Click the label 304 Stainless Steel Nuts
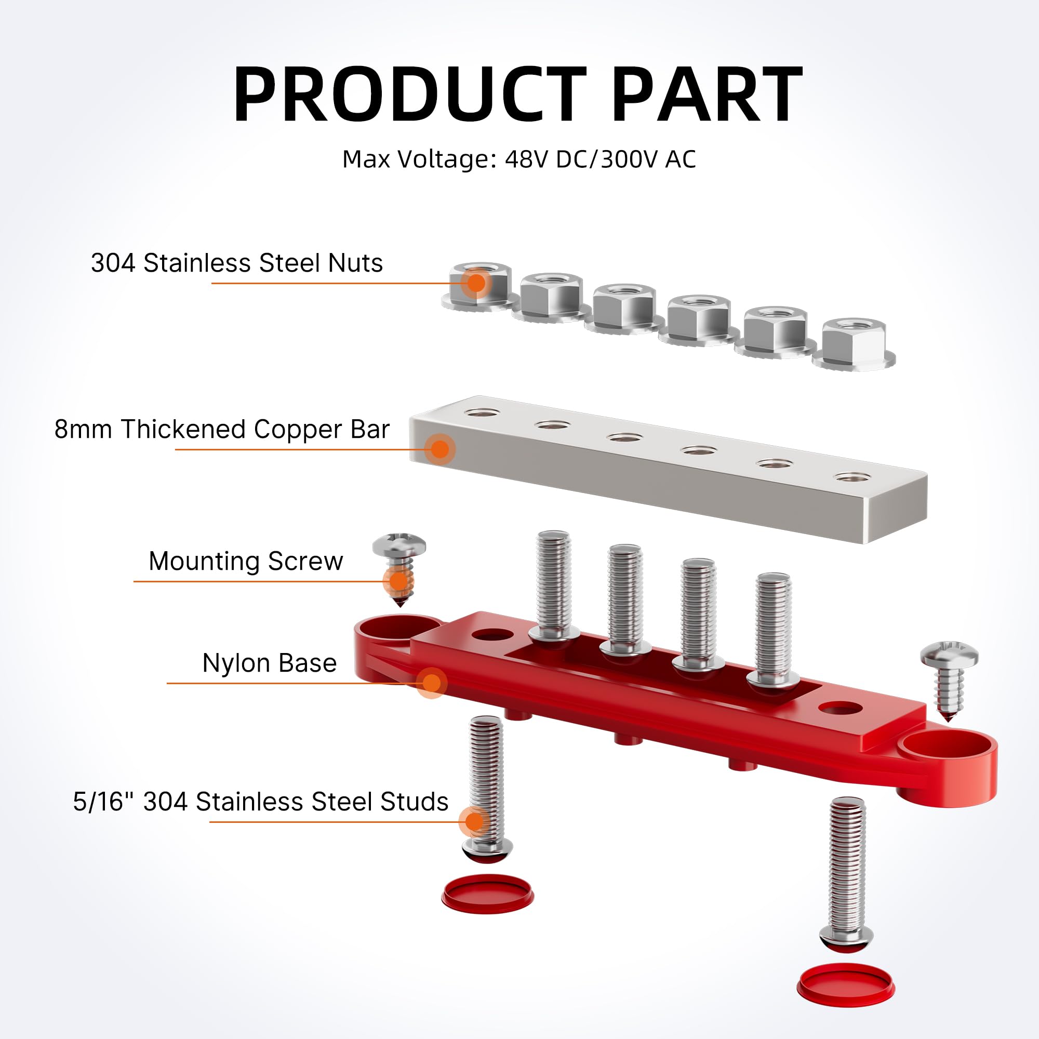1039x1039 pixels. pos(236,263)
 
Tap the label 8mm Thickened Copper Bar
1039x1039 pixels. pos(222,429)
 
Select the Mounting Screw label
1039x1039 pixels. pos(246,561)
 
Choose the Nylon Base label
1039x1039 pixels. pos(270,662)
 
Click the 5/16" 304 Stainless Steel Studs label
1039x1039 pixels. pos(261,801)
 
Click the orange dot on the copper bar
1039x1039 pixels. pos(440,449)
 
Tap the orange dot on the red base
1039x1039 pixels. pos(431,683)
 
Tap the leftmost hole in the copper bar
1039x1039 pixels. pos(482,413)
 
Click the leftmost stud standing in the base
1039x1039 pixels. pos(553,583)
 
